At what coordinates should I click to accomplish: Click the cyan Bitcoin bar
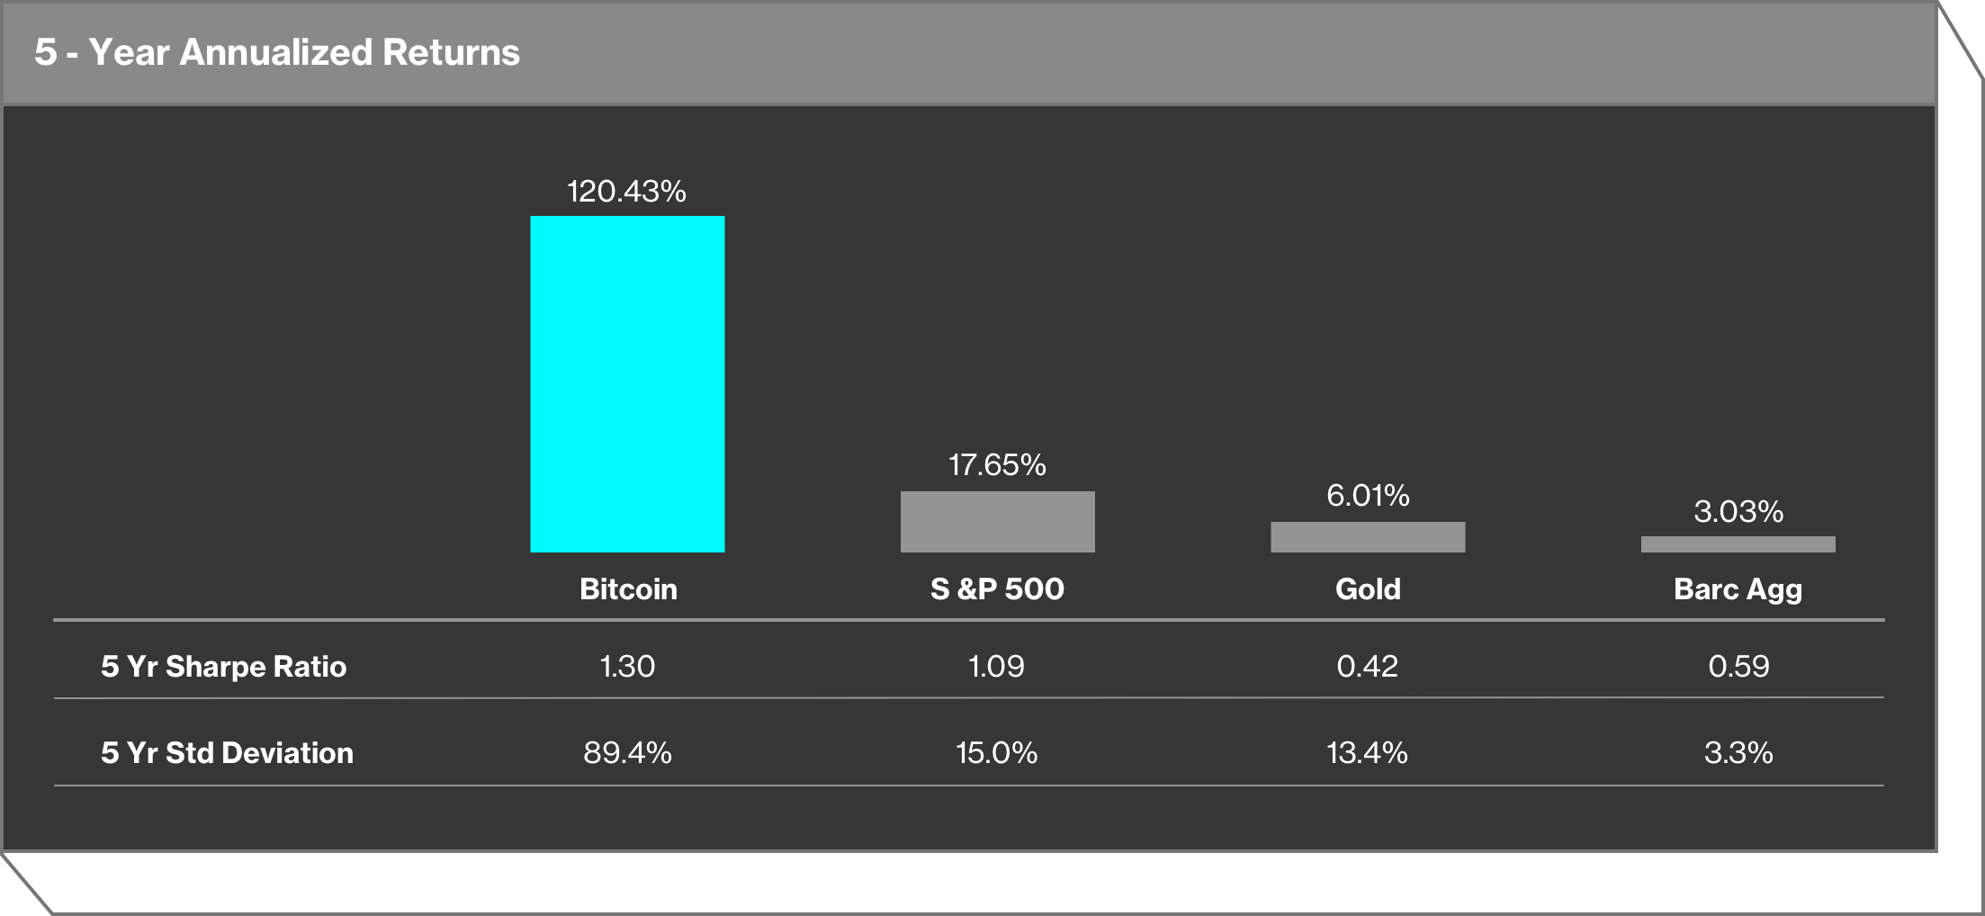tap(627, 384)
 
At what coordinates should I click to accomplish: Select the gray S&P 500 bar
tap(997, 522)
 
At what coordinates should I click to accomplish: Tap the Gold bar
tap(1368, 537)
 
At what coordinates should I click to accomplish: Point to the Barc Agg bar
tap(1738, 544)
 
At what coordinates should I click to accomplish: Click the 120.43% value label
tap(626, 191)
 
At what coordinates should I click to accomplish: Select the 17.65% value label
tap(997, 464)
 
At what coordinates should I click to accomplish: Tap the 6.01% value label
tap(1368, 495)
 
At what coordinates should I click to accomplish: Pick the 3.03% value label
tap(1738, 511)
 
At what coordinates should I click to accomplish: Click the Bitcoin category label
tap(628, 588)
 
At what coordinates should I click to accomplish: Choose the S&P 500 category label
tap(997, 588)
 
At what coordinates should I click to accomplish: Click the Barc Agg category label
tap(1738, 589)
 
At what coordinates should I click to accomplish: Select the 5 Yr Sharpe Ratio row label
tap(223, 666)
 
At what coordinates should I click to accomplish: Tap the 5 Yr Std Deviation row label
tap(227, 752)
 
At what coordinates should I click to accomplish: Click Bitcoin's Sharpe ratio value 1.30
tap(627, 666)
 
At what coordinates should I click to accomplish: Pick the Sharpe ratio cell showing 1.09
tap(996, 666)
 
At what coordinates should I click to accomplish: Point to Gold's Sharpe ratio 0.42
tap(1367, 666)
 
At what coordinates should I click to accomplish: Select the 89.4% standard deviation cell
tap(627, 752)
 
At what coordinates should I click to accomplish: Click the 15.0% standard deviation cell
tap(996, 752)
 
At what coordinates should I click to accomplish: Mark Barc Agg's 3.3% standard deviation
tap(1738, 752)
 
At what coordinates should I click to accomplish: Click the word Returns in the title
tap(451, 52)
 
